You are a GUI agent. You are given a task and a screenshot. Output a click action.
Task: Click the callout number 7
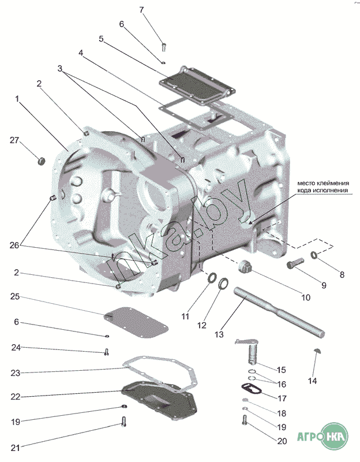(x=142, y=10)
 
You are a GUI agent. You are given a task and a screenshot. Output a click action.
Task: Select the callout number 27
(x=15, y=140)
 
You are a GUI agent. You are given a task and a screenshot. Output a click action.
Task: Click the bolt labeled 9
(x=295, y=266)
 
